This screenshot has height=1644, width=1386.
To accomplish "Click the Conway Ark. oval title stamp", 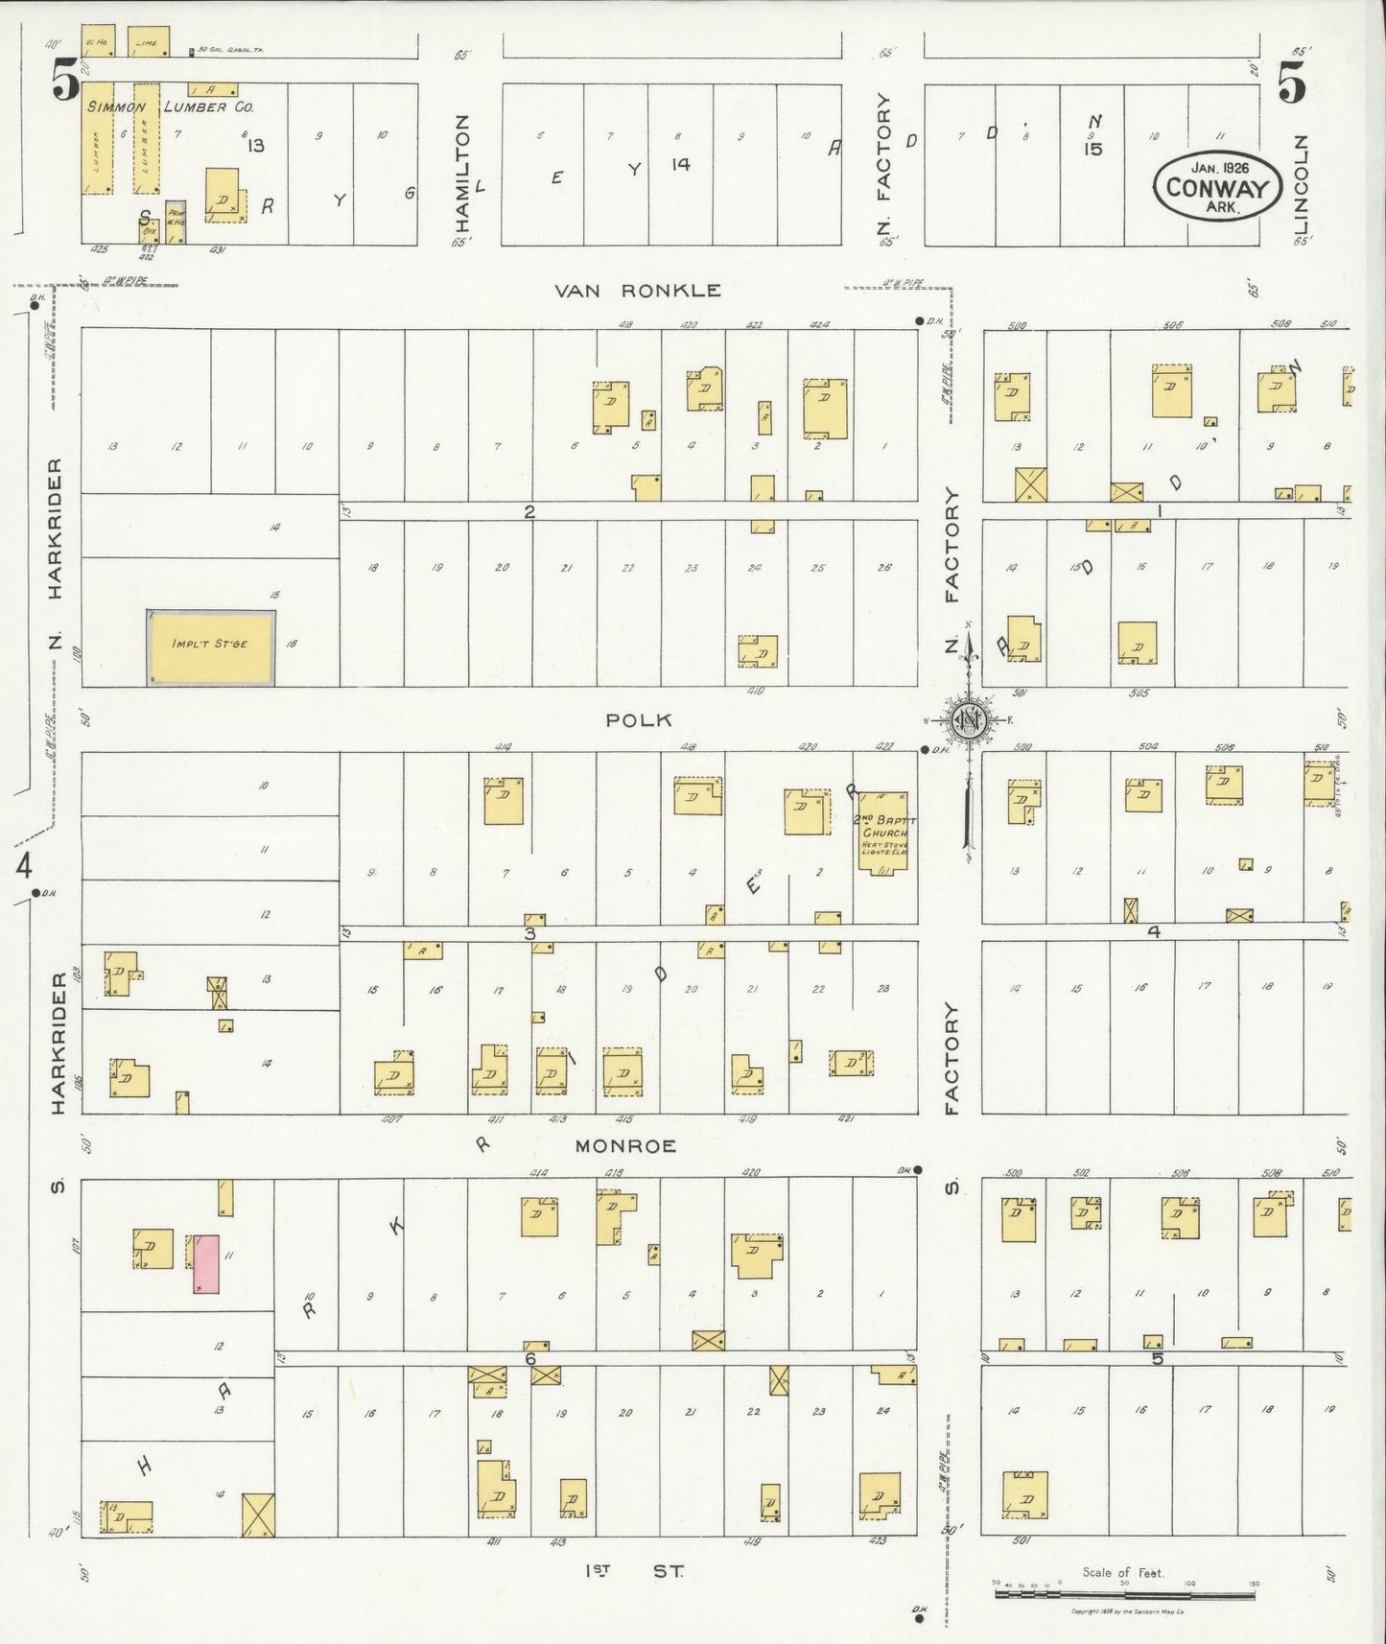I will (x=1218, y=187).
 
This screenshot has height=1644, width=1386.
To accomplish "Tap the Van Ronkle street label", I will (x=639, y=291).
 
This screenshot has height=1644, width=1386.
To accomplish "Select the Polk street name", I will (x=639, y=720).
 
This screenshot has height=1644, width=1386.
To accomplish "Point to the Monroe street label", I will (x=626, y=1145).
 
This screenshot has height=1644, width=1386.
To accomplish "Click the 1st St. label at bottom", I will (x=633, y=1571).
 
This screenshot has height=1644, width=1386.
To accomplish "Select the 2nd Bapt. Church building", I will (x=881, y=832).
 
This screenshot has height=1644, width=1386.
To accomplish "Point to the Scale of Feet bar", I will (x=1122, y=1593).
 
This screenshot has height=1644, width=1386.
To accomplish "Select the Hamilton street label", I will (x=462, y=173).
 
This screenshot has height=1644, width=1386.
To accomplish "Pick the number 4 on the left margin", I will (x=24, y=866).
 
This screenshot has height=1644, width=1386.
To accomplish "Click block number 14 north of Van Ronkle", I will (x=680, y=164).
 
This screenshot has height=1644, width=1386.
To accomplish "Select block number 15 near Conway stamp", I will (x=1093, y=149).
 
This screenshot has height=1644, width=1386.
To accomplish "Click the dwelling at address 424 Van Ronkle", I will (x=825, y=408).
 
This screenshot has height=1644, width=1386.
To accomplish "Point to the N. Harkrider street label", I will (x=56, y=556).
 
